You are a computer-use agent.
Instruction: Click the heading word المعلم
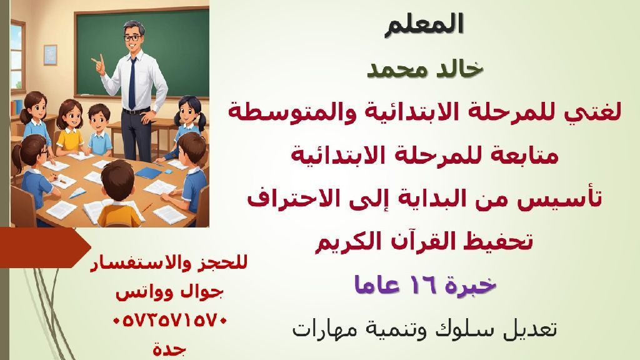click(424, 24)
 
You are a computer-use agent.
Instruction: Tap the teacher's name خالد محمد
click(425, 69)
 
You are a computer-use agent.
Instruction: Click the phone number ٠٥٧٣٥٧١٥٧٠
click(169, 321)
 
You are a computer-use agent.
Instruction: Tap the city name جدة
click(169, 348)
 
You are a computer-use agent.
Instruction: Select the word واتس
click(136, 292)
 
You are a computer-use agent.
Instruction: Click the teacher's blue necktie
click(132, 83)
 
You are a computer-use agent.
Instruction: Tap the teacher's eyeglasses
click(132, 38)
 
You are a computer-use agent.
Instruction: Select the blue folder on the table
click(148, 173)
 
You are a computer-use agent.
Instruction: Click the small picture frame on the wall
click(50, 55)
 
